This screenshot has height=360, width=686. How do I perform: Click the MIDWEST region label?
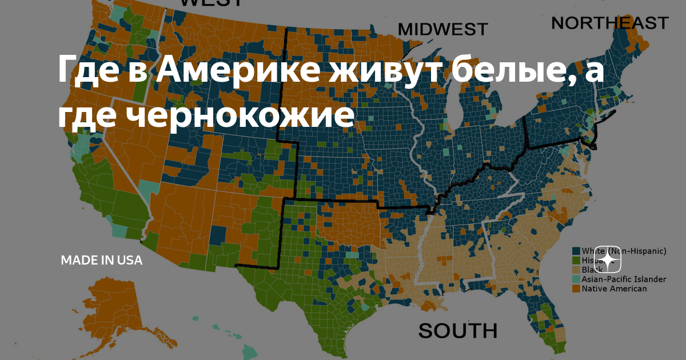point(442,29)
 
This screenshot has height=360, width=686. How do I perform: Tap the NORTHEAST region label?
point(609,23)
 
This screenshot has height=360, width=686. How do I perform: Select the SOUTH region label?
point(457,330)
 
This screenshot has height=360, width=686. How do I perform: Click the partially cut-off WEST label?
point(211,3)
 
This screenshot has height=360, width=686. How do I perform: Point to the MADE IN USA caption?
point(102,261)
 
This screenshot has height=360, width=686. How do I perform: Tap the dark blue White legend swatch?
point(576,251)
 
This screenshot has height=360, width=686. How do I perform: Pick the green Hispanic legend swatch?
point(576,261)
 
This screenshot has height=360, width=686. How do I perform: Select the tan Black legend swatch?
point(576,270)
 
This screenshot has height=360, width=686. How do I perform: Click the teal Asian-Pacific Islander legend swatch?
point(576,279)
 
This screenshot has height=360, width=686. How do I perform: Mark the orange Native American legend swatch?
point(576,289)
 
